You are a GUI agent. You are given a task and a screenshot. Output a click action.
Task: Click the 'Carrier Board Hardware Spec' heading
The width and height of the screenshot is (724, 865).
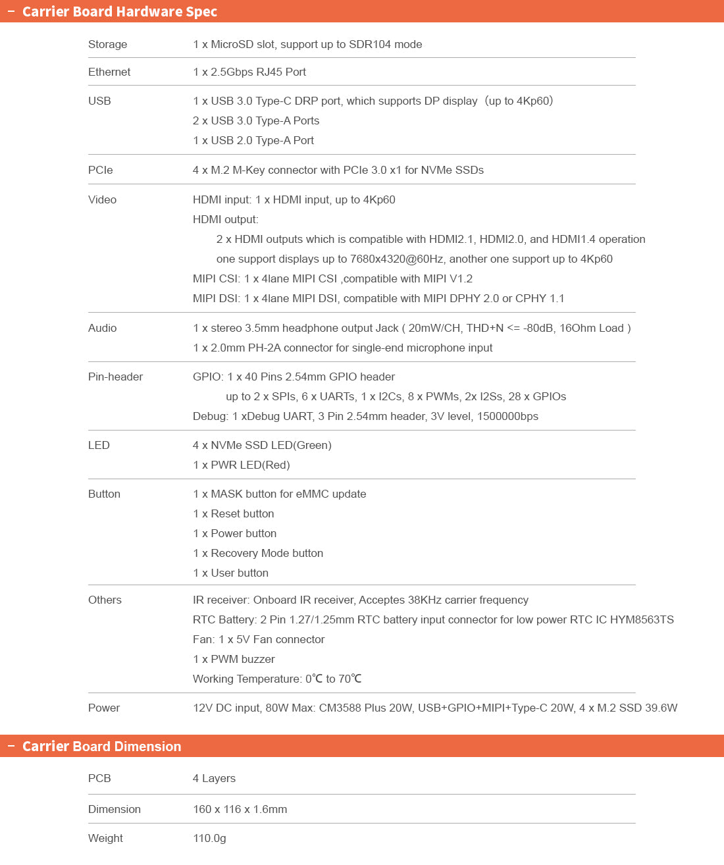click(119, 12)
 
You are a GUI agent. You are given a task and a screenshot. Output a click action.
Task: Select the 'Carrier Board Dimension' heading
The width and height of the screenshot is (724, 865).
click(101, 747)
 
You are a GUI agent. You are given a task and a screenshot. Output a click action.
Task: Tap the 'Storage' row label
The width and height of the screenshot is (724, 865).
click(108, 44)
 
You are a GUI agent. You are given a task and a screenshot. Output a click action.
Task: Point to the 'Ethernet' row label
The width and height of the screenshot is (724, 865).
click(109, 72)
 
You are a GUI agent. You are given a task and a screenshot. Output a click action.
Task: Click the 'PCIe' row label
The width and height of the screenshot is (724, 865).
click(101, 170)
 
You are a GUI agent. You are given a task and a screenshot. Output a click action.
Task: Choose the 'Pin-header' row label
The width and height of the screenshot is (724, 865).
click(115, 377)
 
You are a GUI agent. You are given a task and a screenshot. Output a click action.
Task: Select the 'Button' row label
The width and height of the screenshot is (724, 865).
click(104, 494)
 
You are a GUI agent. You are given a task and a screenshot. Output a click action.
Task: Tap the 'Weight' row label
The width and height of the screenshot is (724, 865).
click(105, 838)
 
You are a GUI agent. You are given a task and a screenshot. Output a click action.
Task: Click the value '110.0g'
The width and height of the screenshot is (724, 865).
click(209, 838)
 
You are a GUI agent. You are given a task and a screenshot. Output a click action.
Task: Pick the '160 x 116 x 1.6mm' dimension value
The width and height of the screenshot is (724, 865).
click(240, 809)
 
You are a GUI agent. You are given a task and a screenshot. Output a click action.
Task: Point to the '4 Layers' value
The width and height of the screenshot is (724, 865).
click(214, 778)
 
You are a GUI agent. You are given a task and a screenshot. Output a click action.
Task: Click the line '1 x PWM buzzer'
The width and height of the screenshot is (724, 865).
click(234, 659)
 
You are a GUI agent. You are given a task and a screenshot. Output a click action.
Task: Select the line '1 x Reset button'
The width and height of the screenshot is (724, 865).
click(234, 513)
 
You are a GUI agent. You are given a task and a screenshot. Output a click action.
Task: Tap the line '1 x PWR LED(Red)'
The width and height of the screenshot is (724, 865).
click(242, 465)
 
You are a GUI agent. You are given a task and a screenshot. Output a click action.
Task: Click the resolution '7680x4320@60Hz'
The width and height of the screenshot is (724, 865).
click(397, 259)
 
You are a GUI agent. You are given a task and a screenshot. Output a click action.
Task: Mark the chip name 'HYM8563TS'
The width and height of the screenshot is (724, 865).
click(642, 619)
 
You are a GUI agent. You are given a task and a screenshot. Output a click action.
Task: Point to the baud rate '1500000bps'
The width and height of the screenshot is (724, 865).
click(507, 416)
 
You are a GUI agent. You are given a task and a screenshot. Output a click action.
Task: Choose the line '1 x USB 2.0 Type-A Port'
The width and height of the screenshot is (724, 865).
click(253, 140)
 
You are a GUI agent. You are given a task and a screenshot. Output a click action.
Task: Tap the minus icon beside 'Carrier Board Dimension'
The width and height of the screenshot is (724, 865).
click(11, 746)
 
